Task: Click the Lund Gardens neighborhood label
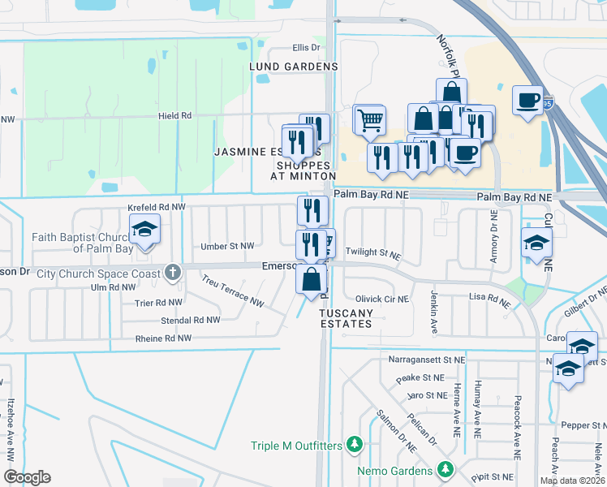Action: click(282, 66)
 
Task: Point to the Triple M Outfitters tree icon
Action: click(354, 444)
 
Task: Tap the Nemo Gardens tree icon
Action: click(445, 469)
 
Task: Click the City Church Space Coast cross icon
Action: click(172, 273)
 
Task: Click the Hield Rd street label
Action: click(174, 116)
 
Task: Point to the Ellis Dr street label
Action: click(285, 49)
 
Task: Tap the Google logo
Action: click(27, 477)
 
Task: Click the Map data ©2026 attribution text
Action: click(572, 481)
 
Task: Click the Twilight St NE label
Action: click(373, 254)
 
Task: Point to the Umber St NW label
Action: click(228, 245)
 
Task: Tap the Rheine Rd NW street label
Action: click(163, 338)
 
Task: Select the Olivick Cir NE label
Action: click(383, 299)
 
